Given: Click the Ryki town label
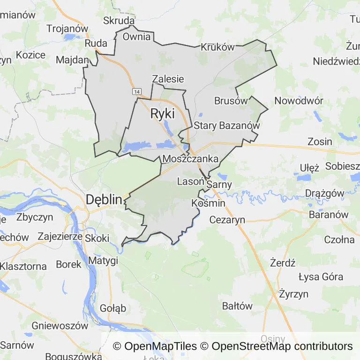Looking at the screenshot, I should [x=162, y=114].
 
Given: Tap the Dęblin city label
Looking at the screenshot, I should [x=104, y=200].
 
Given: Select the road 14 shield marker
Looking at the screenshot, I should [x=136, y=91].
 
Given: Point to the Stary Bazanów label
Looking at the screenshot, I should [x=226, y=126].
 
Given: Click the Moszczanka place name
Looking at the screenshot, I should [x=191, y=159].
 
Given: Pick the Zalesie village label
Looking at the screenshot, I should [x=168, y=79].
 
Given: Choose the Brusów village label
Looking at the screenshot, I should [x=231, y=101].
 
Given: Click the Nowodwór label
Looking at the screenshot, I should [x=299, y=101].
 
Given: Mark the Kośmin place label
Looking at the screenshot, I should [x=209, y=203].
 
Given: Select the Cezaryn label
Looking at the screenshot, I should [x=227, y=219].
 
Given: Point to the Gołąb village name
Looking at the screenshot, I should [x=113, y=308].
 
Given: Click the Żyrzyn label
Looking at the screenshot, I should [x=293, y=294].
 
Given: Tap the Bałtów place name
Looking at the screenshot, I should [x=237, y=306].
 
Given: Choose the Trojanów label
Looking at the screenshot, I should [x=67, y=28].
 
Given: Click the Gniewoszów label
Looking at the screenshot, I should [x=60, y=325].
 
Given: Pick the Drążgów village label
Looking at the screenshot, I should [x=324, y=193].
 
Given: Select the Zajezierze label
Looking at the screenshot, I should [x=60, y=236].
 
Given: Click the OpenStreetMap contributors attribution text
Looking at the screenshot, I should [x=282, y=346].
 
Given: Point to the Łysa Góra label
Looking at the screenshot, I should [x=321, y=277].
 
